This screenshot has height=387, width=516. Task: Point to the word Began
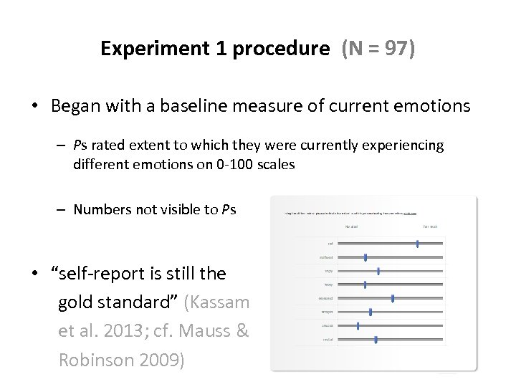75,107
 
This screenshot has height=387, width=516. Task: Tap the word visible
179,209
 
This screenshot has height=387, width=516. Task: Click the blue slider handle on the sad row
418,244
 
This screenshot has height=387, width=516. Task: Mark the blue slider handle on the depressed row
393,298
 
